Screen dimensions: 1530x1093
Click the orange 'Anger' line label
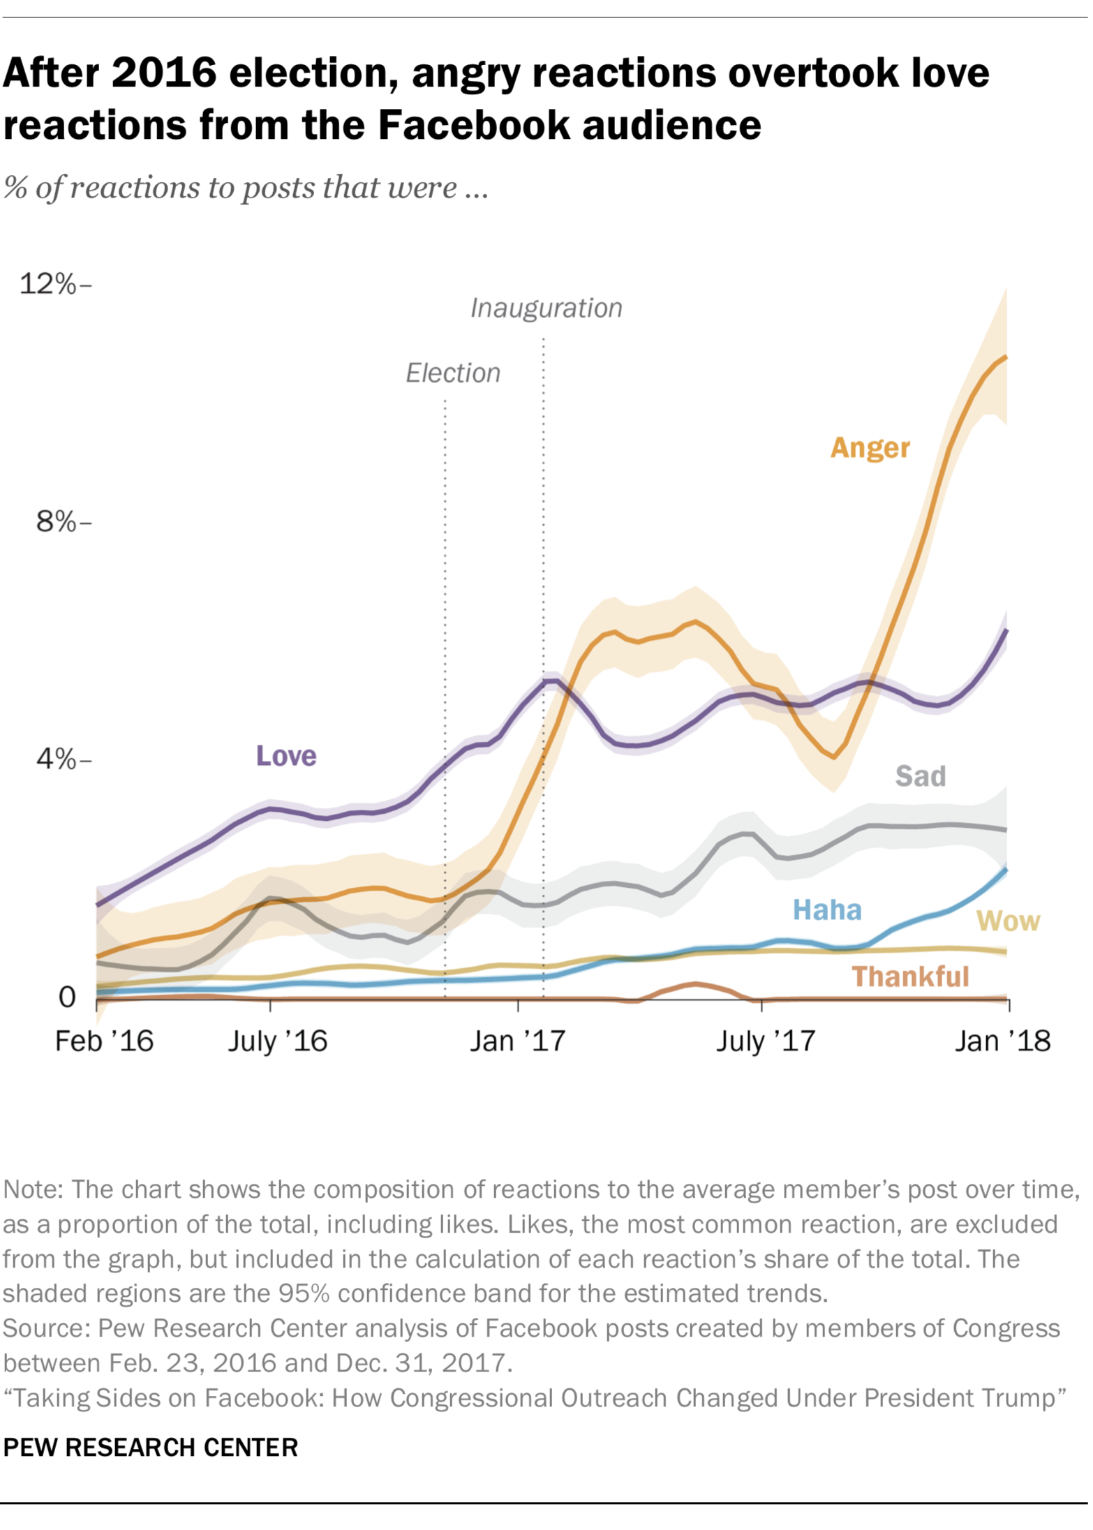coord(870,447)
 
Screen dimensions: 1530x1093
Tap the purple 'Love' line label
coord(286,755)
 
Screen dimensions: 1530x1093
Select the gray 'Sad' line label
coord(920,775)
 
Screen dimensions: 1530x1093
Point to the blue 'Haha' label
coord(827,909)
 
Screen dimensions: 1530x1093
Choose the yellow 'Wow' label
coord(1007,921)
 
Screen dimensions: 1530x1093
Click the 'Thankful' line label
coord(910,976)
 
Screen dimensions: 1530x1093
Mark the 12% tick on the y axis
coord(48,284)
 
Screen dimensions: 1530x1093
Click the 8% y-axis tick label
coord(56,521)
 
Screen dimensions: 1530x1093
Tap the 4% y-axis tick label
coord(56,759)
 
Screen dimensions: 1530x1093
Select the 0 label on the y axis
coord(67,997)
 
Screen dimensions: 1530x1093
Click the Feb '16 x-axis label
coord(104,1041)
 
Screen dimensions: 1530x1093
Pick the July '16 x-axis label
coord(277,1041)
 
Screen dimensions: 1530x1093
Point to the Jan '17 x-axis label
coord(517,1041)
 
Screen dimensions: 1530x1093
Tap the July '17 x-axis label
coord(765,1041)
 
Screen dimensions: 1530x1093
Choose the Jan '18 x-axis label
coord(1002,1041)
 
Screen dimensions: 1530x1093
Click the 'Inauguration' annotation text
coord(546,308)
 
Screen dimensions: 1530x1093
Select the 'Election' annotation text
coord(453,373)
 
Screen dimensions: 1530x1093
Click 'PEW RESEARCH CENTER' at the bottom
coord(150,1447)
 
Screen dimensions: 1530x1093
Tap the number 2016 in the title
coord(163,73)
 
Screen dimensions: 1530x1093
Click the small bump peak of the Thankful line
coord(694,983)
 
